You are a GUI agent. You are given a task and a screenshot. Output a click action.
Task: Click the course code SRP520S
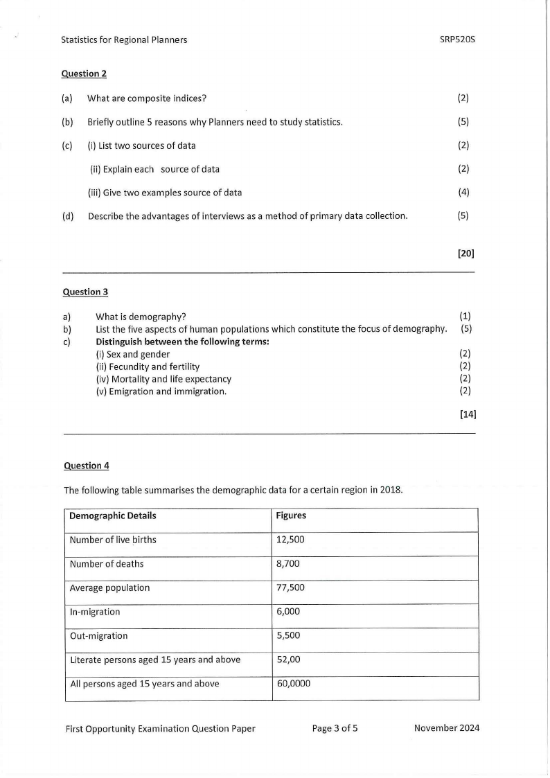coord(457,39)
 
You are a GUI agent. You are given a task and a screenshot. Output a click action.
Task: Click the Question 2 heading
coord(84,73)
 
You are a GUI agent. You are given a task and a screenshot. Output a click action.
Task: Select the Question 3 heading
coord(85,292)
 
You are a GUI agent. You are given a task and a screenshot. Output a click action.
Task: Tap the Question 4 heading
coord(86,466)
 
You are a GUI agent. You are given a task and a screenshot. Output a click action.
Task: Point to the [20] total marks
coord(465,254)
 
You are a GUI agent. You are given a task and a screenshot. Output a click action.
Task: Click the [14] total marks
coord(468,415)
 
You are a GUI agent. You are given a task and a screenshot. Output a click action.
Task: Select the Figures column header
coord(291,516)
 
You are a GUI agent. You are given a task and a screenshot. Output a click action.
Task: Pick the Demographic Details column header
coord(113,516)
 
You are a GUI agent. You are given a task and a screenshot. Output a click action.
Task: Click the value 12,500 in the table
coord(290,540)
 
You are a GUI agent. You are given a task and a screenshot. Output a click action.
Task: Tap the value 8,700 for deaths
coord(287,564)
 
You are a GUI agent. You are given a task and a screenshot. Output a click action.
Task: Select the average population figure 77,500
coord(290,588)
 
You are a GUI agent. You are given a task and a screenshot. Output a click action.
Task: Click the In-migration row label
coord(95,612)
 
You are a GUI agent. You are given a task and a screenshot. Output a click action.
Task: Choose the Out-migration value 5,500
coord(287,635)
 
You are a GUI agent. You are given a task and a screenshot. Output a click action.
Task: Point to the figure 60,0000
coord(293,684)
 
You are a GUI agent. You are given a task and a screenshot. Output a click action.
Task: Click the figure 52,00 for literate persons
coord(288,660)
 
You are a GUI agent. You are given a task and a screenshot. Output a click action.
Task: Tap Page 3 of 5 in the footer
coord(335,728)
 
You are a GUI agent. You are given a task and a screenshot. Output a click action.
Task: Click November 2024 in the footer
coord(446,728)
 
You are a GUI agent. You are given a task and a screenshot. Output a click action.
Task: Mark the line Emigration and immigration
coord(161,391)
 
